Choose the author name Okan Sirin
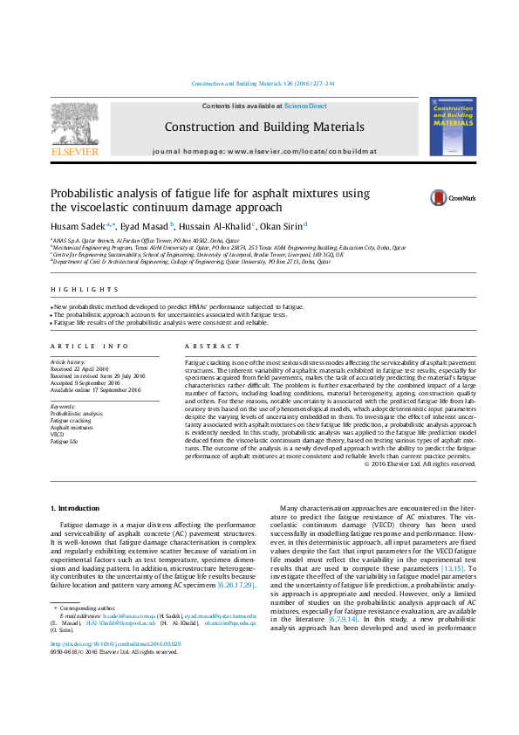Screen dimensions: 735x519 tap(281, 225)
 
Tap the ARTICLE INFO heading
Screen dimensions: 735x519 tap(90, 347)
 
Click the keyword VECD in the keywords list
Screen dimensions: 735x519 tap(57, 434)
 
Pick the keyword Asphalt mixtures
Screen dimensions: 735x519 tap(71, 427)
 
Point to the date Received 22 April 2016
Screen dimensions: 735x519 tap(79, 367)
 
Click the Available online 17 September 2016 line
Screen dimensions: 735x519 tap(95, 389)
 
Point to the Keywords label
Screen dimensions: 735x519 tap(63, 407)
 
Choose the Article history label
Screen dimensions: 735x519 tap(68, 361)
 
